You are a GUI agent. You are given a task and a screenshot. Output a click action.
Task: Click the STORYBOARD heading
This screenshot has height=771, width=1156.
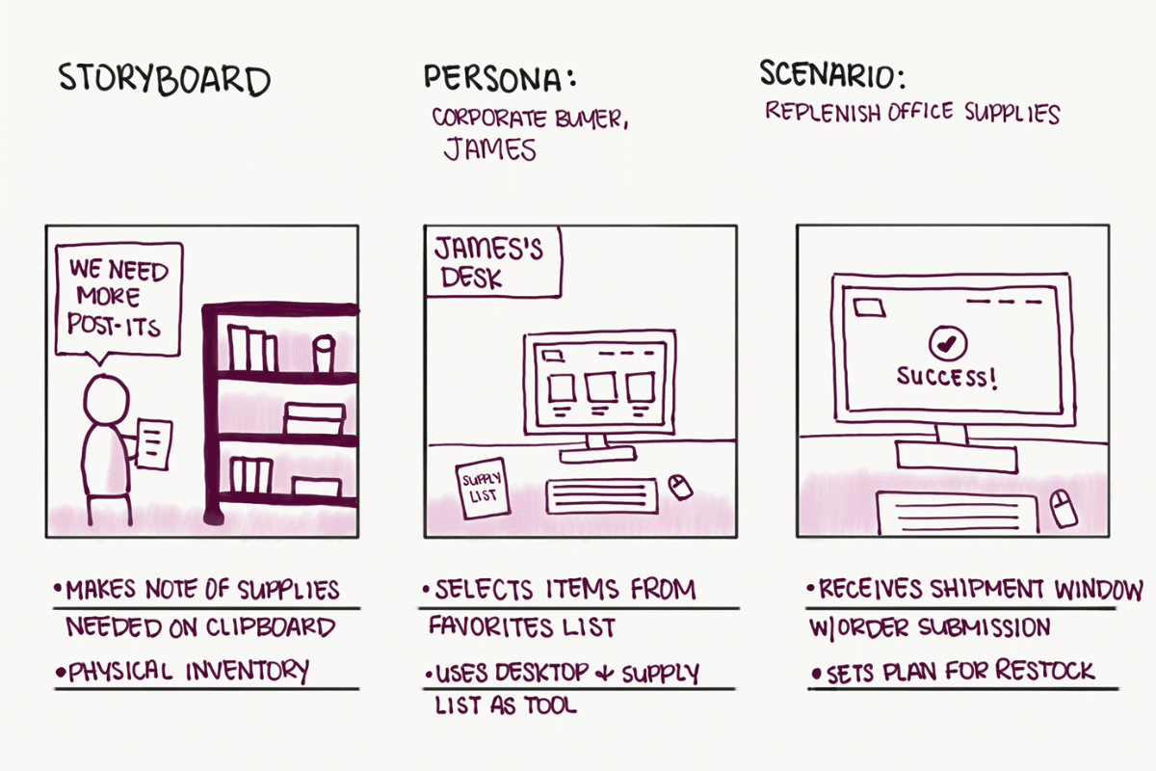[164, 80]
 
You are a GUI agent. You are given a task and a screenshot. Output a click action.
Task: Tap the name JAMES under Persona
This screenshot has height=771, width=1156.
[489, 148]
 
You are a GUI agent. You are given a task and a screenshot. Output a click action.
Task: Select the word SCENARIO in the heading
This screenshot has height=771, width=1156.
[828, 74]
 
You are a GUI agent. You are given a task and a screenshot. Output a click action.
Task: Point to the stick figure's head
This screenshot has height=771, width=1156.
[106, 399]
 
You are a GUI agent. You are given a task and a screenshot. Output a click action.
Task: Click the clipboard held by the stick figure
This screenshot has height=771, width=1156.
[154, 444]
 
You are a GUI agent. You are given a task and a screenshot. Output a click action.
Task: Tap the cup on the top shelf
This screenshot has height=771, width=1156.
[324, 354]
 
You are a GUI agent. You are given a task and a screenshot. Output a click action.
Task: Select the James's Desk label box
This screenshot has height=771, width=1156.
[493, 262]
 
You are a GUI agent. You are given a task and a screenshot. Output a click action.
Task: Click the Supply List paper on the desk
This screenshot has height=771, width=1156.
[483, 489]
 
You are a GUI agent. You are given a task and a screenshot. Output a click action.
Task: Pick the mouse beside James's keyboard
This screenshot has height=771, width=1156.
[680, 487]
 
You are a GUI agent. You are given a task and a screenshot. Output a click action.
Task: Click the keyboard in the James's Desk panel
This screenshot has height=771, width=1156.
[601, 495]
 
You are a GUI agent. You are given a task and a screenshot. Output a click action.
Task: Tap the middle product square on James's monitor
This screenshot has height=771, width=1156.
[600, 387]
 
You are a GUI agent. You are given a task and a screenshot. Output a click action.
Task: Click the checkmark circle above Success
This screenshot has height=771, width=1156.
[948, 343]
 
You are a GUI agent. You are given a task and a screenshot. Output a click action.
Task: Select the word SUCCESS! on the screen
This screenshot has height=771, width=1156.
[946, 378]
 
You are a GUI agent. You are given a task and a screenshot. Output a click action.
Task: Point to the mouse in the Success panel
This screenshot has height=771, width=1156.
[1064, 508]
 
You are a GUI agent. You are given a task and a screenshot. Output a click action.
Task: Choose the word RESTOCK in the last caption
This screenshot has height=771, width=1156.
[1044, 671]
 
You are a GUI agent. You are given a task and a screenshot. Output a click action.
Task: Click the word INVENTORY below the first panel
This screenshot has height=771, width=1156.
[248, 671]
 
